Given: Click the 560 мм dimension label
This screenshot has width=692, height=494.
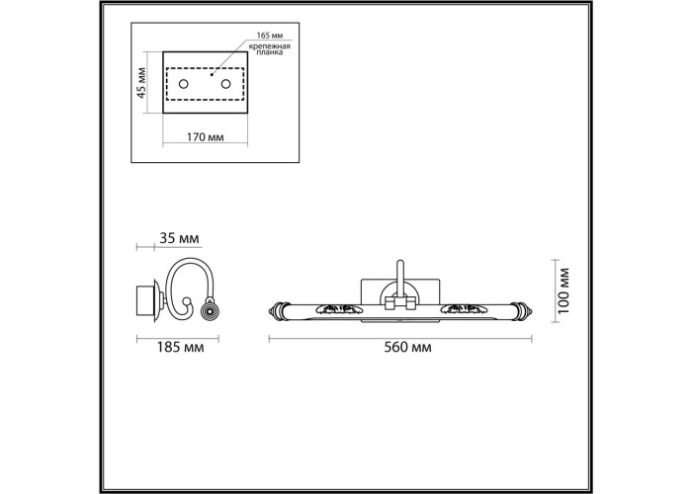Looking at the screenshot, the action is coord(407,348).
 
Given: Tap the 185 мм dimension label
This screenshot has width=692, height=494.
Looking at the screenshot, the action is coord(180,348).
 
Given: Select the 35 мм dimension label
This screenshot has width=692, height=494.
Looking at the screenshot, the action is coord(179,239).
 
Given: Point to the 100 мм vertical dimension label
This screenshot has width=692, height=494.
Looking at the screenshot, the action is coord(563,290).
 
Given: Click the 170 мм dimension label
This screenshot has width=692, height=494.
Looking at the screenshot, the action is coord(205,137).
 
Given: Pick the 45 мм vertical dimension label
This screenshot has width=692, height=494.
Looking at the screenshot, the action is coord(141,83).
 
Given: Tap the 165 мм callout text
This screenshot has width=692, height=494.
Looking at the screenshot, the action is coord(270,36).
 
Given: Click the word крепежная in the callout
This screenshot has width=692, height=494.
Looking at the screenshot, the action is coord(269,46).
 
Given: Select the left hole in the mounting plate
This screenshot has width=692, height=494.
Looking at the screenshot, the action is coord(183,84).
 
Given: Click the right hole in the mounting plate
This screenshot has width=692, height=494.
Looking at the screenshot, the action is coord(226,84).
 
